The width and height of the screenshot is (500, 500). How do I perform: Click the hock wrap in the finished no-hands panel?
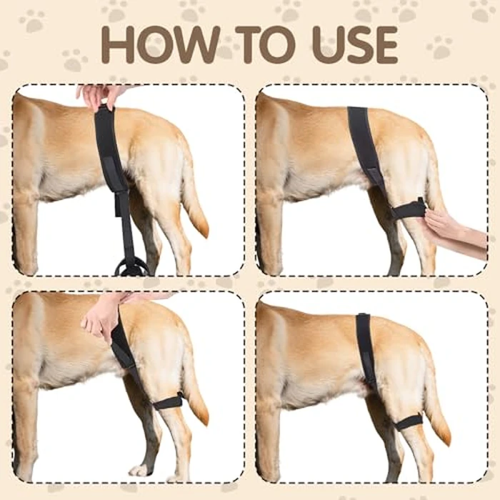(409, 421)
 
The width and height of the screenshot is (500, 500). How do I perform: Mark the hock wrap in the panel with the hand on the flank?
(169, 402)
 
